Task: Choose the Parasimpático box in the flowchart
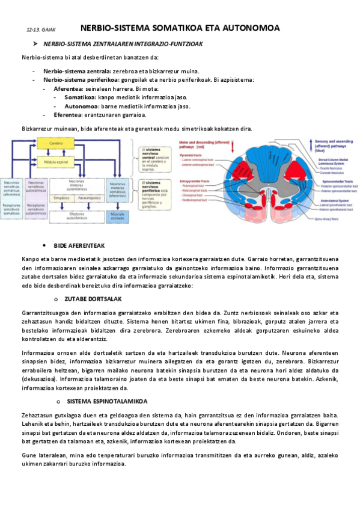(x=89, y=197)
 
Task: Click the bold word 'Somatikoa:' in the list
(x=81, y=97)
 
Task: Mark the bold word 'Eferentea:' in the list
(x=68, y=115)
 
